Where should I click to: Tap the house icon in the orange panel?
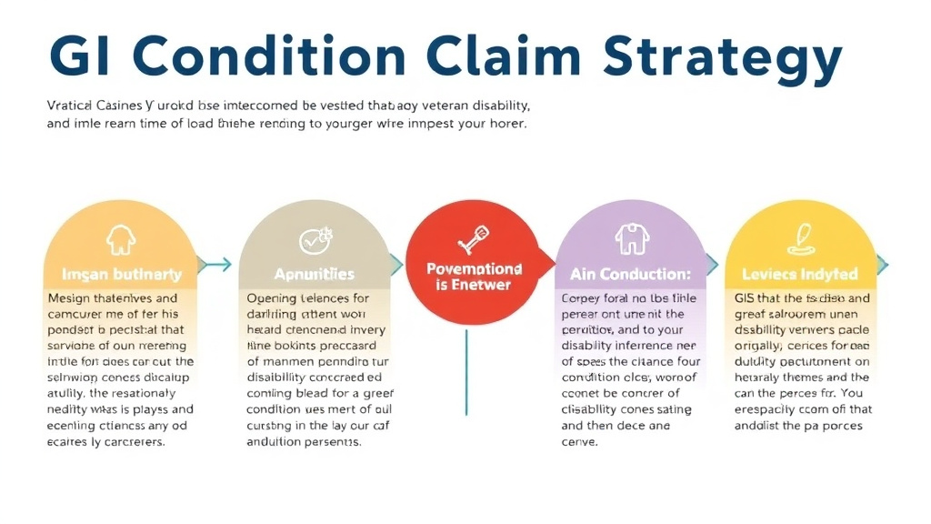click(120, 240)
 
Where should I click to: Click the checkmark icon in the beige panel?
click(315, 241)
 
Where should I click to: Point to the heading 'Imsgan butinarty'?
click(121, 274)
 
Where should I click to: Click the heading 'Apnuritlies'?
click(315, 274)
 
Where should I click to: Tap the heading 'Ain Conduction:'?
click(630, 274)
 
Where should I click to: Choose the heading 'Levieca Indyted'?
click(800, 274)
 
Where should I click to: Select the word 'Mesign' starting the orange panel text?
click(69, 298)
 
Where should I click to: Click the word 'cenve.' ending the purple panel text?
click(580, 442)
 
